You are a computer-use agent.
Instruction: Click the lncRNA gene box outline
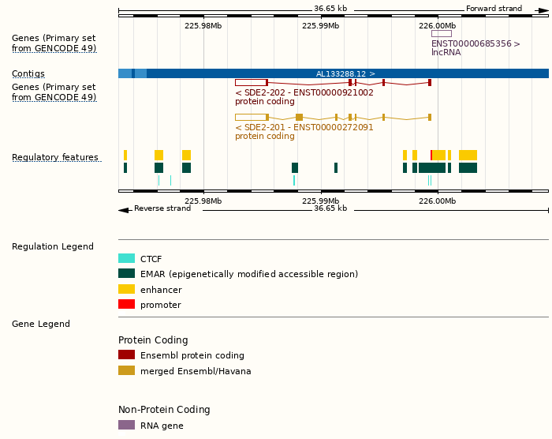click(441, 33)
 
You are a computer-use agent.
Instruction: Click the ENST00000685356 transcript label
click(476, 43)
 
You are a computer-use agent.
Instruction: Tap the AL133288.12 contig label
click(345, 73)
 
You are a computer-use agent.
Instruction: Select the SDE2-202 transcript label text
click(304, 92)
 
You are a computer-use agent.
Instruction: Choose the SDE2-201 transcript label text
click(304, 127)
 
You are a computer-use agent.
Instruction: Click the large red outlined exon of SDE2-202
click(251, 82)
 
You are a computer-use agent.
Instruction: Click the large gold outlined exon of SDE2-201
click(251, 117)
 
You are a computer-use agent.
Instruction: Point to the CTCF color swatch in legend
click(126, 258)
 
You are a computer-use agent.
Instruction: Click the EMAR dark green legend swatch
click(126, 274)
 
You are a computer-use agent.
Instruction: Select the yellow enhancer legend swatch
click(126, 289)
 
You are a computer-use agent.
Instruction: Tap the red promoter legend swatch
click(126, 305)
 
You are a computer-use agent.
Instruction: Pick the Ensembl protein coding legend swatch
click(126, 355)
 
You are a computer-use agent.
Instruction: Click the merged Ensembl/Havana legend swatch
click(126, 370)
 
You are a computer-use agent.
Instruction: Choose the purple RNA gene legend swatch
click(126, 425)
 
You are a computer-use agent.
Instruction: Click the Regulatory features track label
click(55, 158)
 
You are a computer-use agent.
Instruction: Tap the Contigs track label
click(28, 73)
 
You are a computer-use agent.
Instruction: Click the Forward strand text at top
click(494, 9)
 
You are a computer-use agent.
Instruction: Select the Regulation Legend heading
click(53, 246)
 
